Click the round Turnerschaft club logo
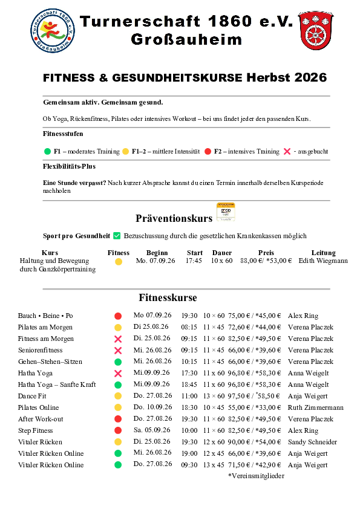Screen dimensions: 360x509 [53, 30]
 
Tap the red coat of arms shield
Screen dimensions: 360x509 [316, 30]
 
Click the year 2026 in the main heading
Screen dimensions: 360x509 [310, 77]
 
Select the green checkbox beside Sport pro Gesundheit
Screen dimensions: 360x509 [117, 236]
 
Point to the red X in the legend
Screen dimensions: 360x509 [287, 151]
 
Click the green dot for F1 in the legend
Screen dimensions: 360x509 [47, 151]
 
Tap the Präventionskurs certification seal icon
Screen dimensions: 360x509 [226, 212]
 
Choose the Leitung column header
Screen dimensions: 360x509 [323, 253]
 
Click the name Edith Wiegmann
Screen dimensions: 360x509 [323, 261]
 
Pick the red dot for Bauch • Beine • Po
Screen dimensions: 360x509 [118, 316]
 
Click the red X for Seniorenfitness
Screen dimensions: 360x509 [118, 350]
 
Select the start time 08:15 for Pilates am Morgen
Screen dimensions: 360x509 [189, 327]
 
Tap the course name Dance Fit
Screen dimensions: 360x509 [32, 396]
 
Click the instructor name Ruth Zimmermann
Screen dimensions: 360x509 [315, 407]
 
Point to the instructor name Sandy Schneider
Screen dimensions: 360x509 [312, 442]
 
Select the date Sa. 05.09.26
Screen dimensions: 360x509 [152, 430]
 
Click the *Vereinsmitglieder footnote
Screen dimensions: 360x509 [256, 476]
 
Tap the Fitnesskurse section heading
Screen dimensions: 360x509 [168, 297]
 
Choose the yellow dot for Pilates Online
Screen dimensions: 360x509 [118, 407]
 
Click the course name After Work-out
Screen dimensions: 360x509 [41, 419]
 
